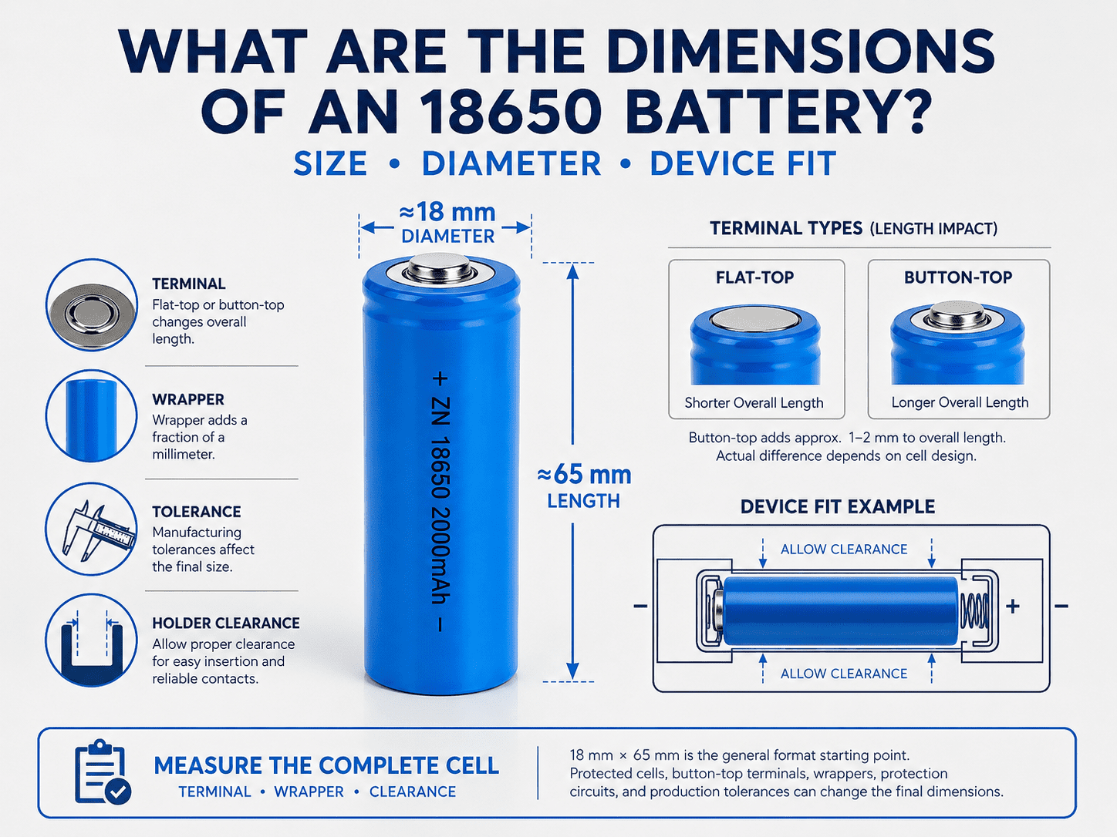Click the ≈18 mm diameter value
[447, 212]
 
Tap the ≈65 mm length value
[584, 474]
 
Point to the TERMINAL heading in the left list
[188, 284]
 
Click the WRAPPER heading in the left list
[187, 399]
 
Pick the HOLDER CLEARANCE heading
[226, 623]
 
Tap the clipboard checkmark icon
[103, 772]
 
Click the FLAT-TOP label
[754, 277]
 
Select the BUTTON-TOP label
[958, 277]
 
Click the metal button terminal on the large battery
[439, 267]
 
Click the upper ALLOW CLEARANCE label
[844, 550]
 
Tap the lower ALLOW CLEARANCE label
[844, 674]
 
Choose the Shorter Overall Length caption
[754, 403]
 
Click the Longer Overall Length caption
[960, 402]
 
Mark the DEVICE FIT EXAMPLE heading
[838, 506]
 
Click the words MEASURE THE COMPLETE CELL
[326, 765]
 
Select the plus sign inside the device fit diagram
[1013, 607]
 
